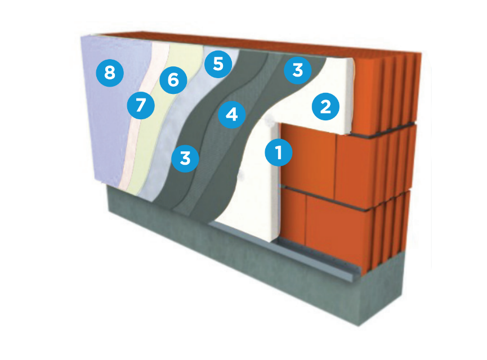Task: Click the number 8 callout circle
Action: tap(110, 73)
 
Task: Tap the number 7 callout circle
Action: tap(141, 105)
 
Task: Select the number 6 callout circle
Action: tap(173, 80)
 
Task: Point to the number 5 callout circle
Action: tap(218, 64)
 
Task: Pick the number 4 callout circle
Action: tap(232, 115)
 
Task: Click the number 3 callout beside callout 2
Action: tap(297, 70)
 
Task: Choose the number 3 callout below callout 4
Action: tap(185, 158)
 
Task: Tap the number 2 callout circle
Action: tap(325, 106)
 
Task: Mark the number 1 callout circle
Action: tap(279, 152)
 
